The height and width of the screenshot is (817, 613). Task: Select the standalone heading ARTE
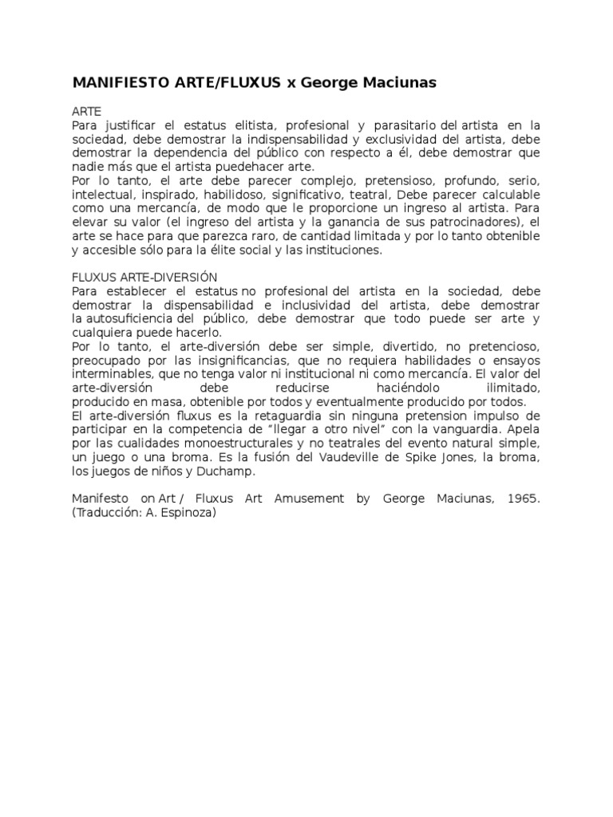tap(85, 112)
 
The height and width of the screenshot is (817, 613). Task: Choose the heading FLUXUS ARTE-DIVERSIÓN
tap(144, 277)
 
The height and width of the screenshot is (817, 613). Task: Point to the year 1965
tap(524, 499)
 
